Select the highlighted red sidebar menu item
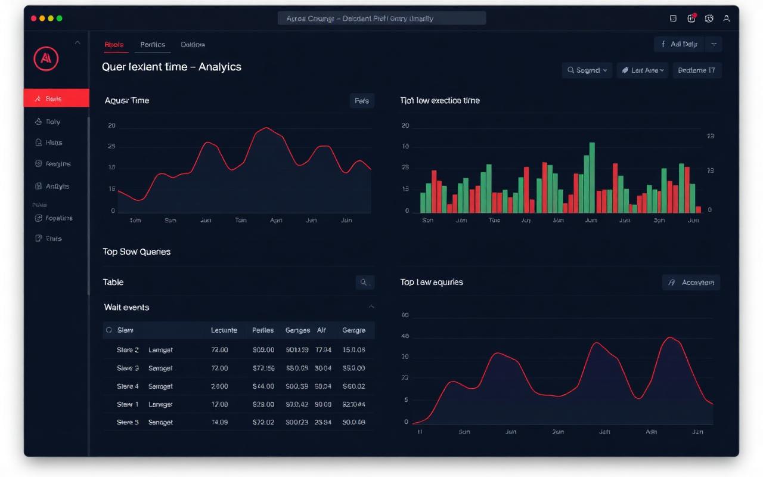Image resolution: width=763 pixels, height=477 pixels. pos(56,98)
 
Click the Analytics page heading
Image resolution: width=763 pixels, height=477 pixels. pos(172,67)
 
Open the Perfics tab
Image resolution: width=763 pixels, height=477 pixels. pos(153,45)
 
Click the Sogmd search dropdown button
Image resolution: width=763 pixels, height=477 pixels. pos(587,70)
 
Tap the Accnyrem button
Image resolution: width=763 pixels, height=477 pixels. pos(691,283)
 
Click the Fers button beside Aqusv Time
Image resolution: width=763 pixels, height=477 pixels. pos(361,101)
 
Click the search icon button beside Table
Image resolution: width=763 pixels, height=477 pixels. pos(364,283)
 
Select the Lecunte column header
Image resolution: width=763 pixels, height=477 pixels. pos(224,330)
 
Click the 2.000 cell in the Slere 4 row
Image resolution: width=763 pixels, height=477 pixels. pos(219,386)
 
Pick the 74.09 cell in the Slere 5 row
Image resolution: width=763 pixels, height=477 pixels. pos(219,422)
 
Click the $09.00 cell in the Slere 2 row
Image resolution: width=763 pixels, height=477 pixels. pos(263,350)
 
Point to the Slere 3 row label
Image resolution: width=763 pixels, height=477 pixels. pos(128,368)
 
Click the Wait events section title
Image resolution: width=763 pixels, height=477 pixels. pos(126,308)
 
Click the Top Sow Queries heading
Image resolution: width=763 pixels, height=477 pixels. pos(137,252)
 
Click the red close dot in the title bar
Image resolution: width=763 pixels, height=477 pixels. pos(33,18)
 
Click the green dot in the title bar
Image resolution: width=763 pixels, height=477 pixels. pos(59,18)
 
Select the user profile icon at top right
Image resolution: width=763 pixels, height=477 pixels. pos(726,18)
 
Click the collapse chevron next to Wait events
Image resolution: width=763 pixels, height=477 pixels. pos(371,307)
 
